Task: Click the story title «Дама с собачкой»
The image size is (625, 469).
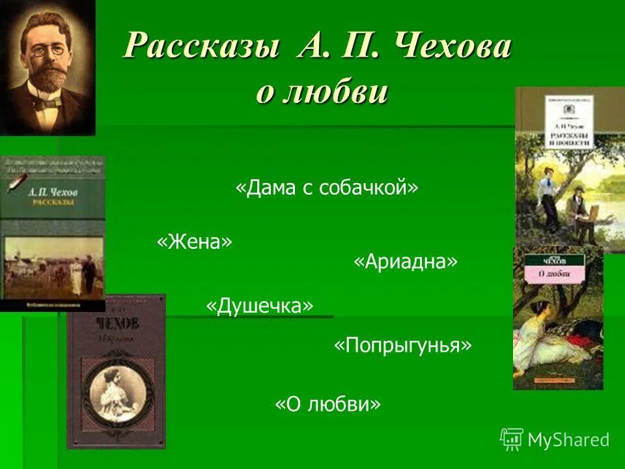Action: coord(326,188)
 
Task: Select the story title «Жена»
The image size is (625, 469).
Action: coord(194,242)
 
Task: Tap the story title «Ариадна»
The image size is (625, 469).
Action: coord(406,262)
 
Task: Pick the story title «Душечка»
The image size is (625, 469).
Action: coord(259,306)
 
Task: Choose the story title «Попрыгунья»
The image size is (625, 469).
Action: coord(402,345)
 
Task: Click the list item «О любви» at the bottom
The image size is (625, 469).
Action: coord(327,405)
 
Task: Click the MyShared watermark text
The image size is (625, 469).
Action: coord(568,440)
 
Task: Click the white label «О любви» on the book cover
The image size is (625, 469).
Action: coord(551,275)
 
